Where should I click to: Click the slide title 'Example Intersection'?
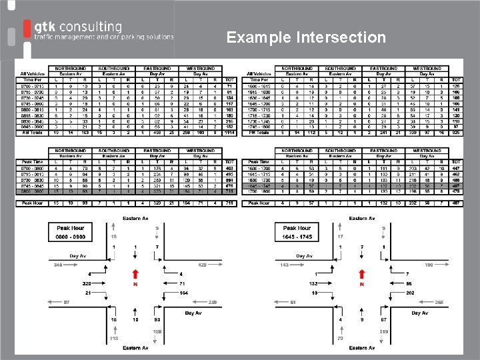tap(306, 37)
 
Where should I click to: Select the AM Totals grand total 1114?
tap(230, 133)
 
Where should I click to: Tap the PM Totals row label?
tap(260, 133)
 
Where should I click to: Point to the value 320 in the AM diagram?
tap(86, 283)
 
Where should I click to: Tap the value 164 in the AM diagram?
tap(184, 293)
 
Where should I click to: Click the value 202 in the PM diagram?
tap(410, 293)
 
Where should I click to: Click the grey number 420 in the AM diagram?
tap(203, 265)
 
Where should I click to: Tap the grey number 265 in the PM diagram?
tap(439, 303)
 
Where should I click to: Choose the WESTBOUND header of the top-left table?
tap(201, 68)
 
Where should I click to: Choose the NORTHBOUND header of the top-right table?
tap(298, 68)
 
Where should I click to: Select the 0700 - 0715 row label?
tap(33, 86)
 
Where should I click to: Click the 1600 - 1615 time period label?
tap(259, 86)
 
